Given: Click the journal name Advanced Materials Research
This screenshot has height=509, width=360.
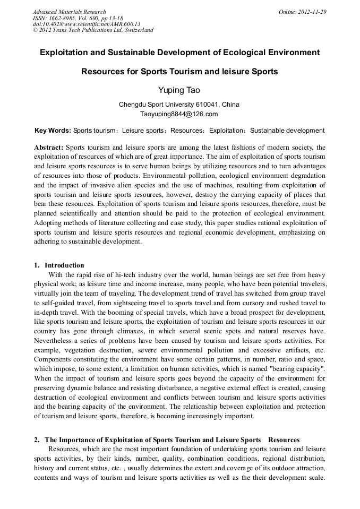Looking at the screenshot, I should (x=69, y=12).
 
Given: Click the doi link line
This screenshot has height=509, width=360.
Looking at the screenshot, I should (x=86, y=24).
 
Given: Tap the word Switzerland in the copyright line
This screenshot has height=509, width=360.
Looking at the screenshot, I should (x=139, y=30).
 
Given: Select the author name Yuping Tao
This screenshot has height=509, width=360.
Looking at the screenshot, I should (x=179, y=90).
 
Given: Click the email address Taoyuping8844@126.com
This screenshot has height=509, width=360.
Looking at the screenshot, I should (x=179, y=114).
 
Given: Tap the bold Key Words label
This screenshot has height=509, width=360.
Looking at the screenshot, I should (x=52, y=131).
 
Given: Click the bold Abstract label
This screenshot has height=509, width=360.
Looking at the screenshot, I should (x=48, y=147).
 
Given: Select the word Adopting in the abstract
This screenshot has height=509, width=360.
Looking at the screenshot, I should (x=48, y=223).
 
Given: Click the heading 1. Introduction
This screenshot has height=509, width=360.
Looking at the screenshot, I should (x=59, y=265).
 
